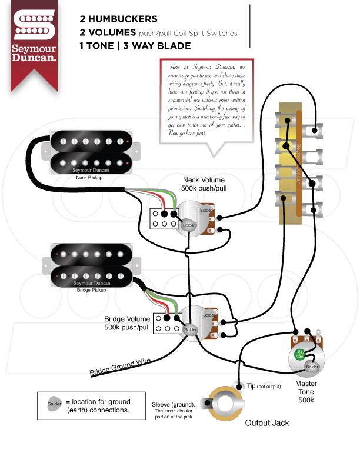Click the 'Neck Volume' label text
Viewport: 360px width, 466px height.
(x=203, y=180)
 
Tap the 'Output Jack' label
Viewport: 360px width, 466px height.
(x=267, y=422)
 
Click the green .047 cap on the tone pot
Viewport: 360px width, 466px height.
(x=301, y=355)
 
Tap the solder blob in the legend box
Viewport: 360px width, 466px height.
(x=54, y=404)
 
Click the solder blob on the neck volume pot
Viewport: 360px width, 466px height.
(x=188, y=225)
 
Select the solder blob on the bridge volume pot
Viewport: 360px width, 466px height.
(x=191, y=330)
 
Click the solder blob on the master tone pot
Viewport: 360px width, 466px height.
(x=312, y=368)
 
